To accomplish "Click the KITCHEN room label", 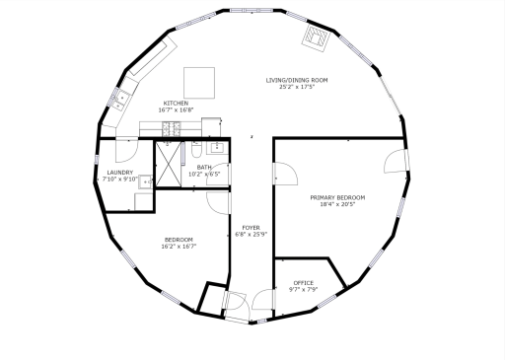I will pos(176,104).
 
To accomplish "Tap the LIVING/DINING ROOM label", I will pos(296,80).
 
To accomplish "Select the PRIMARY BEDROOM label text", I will pos(337,197).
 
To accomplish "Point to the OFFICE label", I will pos(303,283).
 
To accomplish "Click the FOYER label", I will pos(251,228).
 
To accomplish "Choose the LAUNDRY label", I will pos(119,173).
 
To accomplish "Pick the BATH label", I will pos(204,168).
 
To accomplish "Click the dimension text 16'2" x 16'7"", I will pos(179,247).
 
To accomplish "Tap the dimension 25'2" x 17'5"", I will pos(296,87).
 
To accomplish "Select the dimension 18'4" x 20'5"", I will pos(337,205).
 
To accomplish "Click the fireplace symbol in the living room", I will pos(316,37).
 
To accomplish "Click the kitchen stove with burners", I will pos(169,127).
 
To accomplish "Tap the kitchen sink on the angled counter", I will pos(124,97).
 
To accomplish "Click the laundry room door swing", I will pos(126,151).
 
